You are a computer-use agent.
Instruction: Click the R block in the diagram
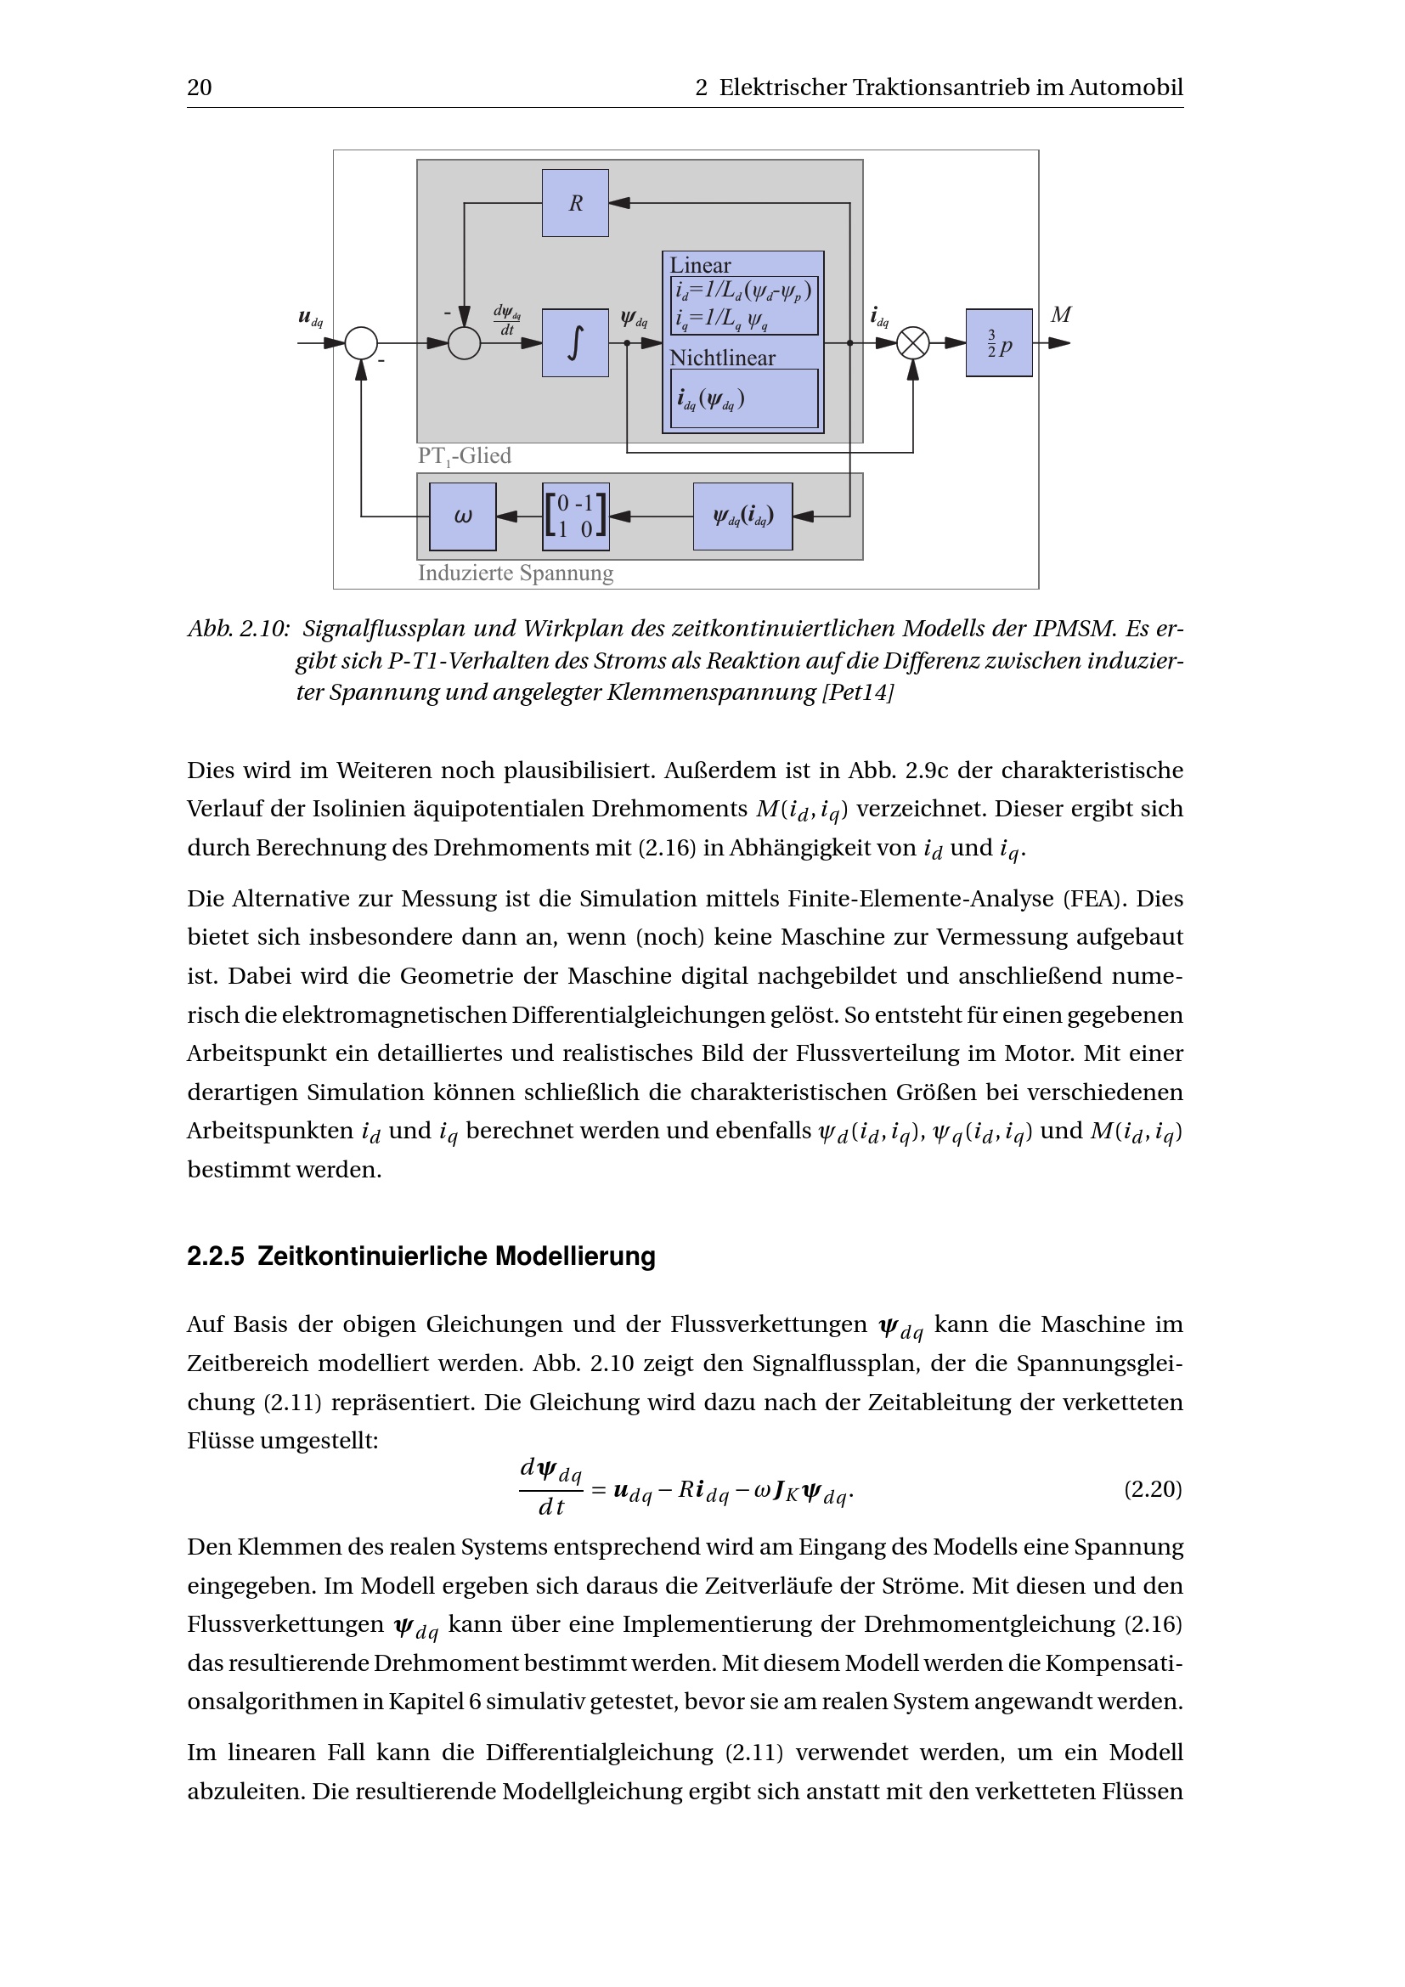(x=575, y=203)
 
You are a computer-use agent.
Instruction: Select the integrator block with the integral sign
(x=575, y=342)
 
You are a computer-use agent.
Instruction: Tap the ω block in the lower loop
(x=463, y=517)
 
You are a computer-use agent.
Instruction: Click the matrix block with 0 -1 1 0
(x=575, y=517)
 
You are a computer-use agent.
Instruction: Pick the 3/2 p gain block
(x=998, y=342)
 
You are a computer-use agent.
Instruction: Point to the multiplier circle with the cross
(x=912, y=343)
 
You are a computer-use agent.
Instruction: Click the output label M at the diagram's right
(x=1061, y=315)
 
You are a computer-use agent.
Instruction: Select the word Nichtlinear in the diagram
(x=722, y=358)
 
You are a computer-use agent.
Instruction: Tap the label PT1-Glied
(x=465, y=456)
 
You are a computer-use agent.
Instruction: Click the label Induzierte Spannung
(x=516, y=573)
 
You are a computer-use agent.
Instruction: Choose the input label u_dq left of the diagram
(x=310, y=318)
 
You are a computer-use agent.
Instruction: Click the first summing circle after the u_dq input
(x=362, y=343)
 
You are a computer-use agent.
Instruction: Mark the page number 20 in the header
(x=199, y=87)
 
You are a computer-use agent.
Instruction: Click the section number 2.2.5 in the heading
(x=216, y=1256)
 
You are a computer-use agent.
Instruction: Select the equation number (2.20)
(x=1153, y=1488)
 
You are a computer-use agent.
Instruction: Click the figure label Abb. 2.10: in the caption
(x=238, y=629)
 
